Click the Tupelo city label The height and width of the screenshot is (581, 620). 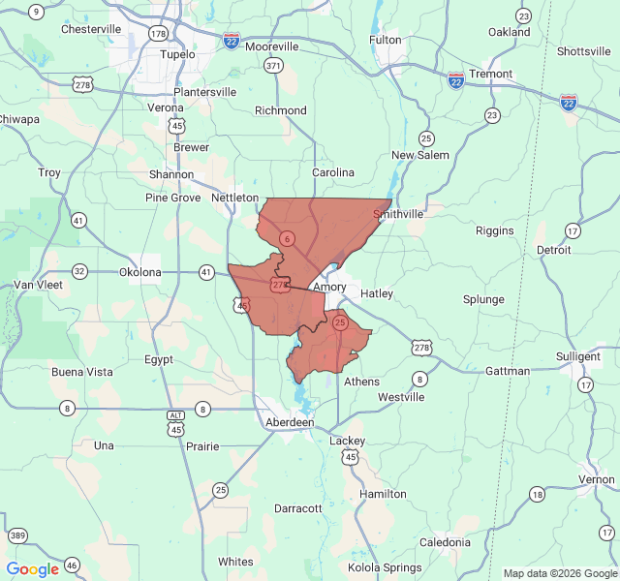click(177, 54)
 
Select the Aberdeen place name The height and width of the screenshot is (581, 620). click(291, 423)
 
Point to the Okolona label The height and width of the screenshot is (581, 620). click(140, 272)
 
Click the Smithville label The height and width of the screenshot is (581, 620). click(398, 213)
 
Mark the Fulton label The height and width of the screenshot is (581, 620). click(386, 40)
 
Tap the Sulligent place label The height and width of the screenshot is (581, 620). click(578, 357)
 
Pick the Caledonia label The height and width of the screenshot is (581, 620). click(445, 542)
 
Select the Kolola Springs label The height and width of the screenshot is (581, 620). click(385, 567)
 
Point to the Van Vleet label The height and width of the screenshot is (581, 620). click(38, 285)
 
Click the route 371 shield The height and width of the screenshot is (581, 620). click(273, 66)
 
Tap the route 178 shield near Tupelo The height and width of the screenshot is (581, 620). click(158, 34)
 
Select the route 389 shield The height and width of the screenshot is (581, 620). click(17, 535)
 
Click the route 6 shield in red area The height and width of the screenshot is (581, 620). click(287, 238)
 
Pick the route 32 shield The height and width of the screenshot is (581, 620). click(79, 271)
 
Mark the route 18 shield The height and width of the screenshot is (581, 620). click(537, 494)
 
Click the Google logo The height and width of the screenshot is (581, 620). click(33, 569)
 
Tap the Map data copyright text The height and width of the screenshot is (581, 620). click(560, 573)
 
